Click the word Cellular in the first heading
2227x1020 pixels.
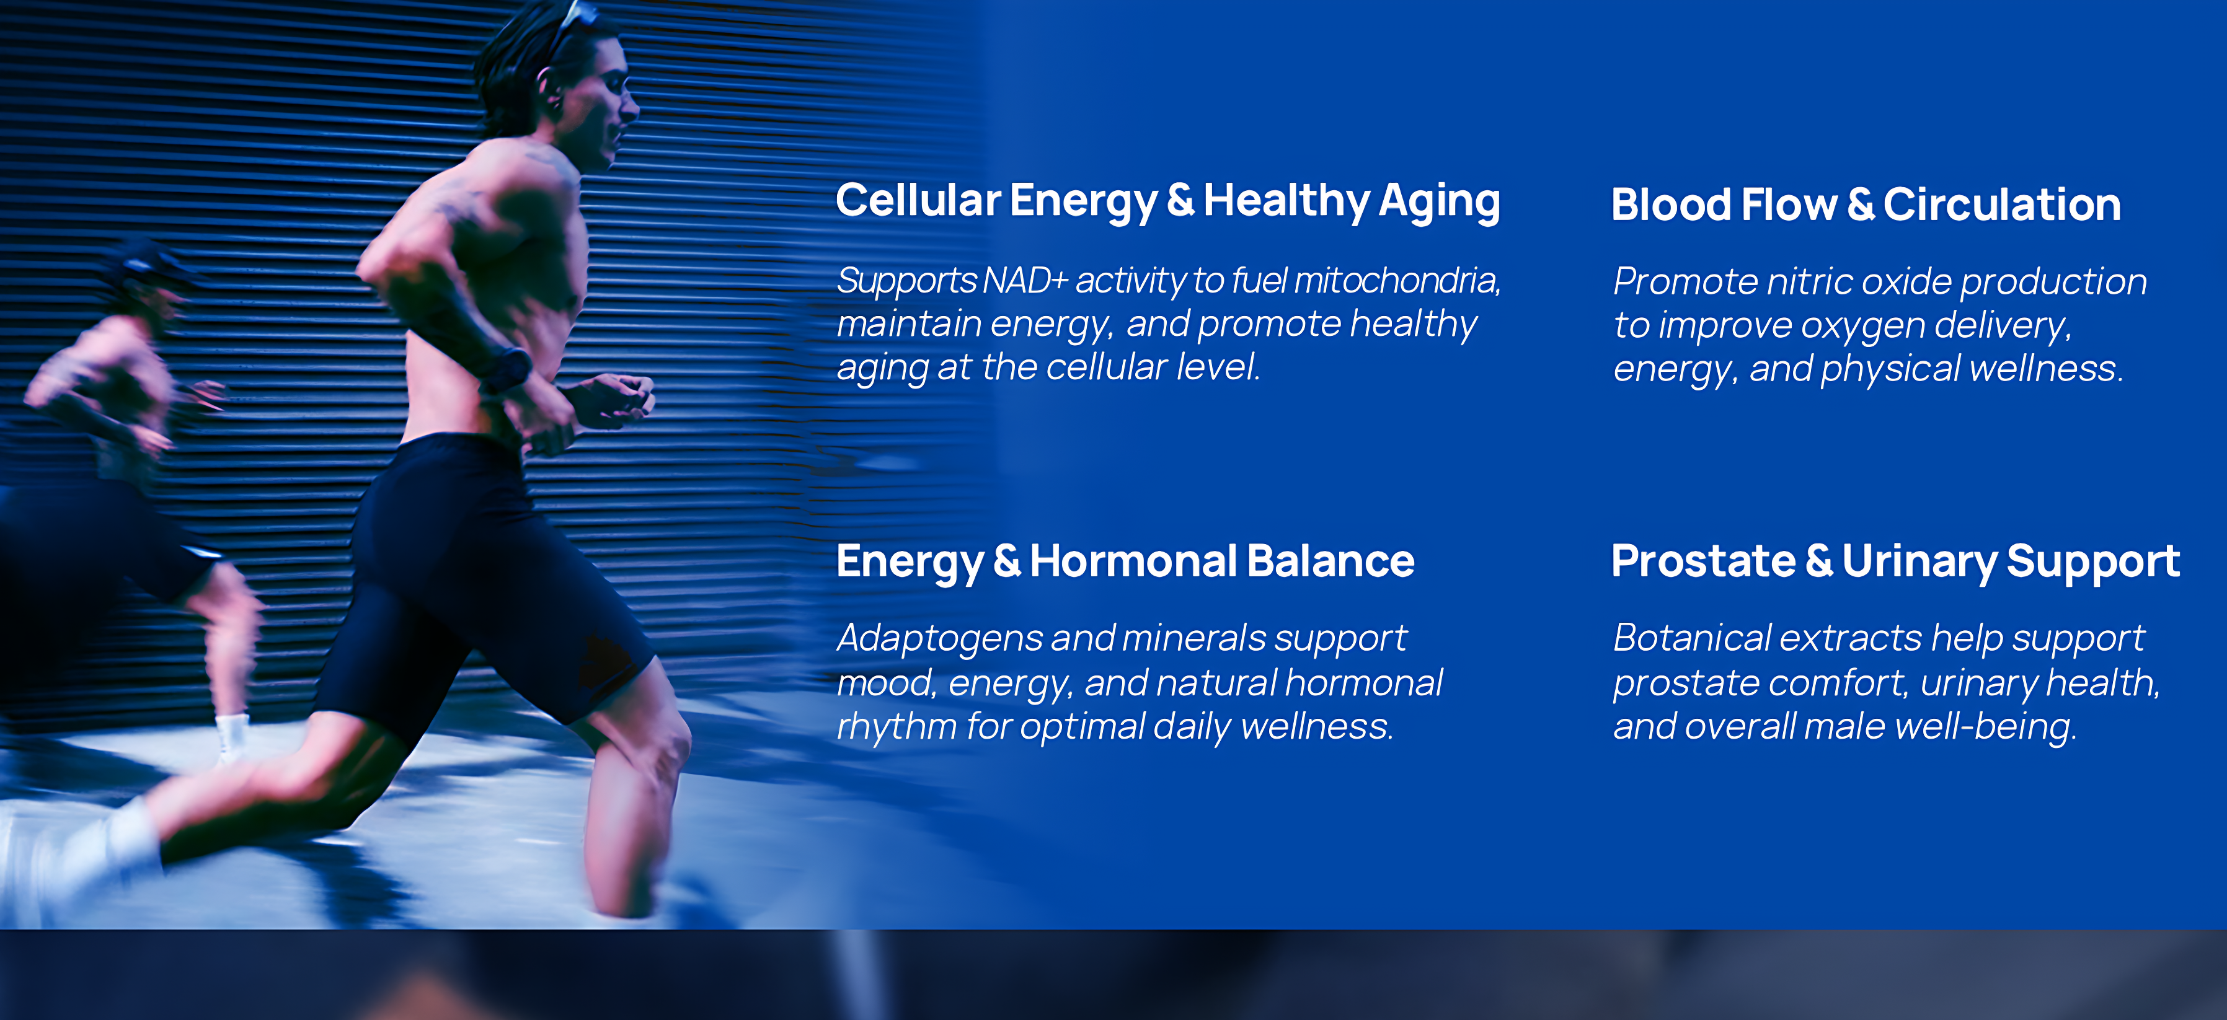pyautogui.click(x=918, y=201)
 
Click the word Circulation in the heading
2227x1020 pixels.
pyautogui.click(x=2002, y=205)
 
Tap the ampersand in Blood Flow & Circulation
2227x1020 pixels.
pyautogui.click(x=1861, y=205)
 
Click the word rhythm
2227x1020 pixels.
pyautogui.click(x=897, y=726)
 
